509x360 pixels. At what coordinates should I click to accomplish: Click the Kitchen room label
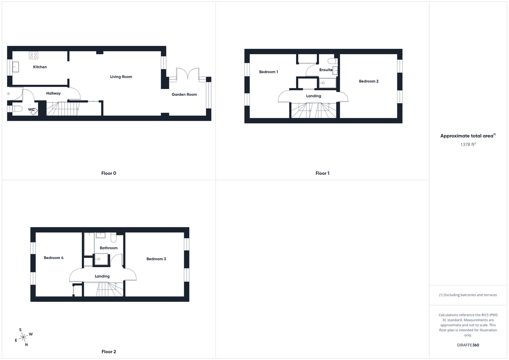click(x=40, y=67)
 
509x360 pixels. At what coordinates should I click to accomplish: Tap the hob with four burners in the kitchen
click(x=34, y=55)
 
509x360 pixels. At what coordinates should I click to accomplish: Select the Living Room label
click(x=121, y=77)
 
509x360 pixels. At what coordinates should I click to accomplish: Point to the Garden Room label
click(x=184, y=95)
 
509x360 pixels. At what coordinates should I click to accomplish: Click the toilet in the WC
click(x=17, y=109)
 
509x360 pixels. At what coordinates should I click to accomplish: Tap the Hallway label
click(x=53, y=93)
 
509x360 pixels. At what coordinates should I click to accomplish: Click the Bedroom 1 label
click(x=268, y=72)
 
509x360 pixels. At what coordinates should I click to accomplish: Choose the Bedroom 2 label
click(x=369, y=81)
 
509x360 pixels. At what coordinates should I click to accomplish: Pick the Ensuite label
click(x=326, y=70)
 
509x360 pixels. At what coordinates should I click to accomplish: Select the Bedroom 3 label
click(x=156, y=259)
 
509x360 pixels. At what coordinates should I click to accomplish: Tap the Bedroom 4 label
click(x=53, y=258)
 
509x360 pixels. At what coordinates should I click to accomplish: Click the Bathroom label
click(x=109, y=248)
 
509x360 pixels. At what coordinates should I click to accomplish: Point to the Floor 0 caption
click(x=109, y=173)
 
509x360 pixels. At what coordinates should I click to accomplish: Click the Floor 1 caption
click(x=322, y=173)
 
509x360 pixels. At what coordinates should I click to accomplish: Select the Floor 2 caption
click(x=109, y=352)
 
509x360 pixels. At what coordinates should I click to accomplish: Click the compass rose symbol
click(x=24, y=337)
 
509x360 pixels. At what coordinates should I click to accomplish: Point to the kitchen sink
click(x=16, y=67)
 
